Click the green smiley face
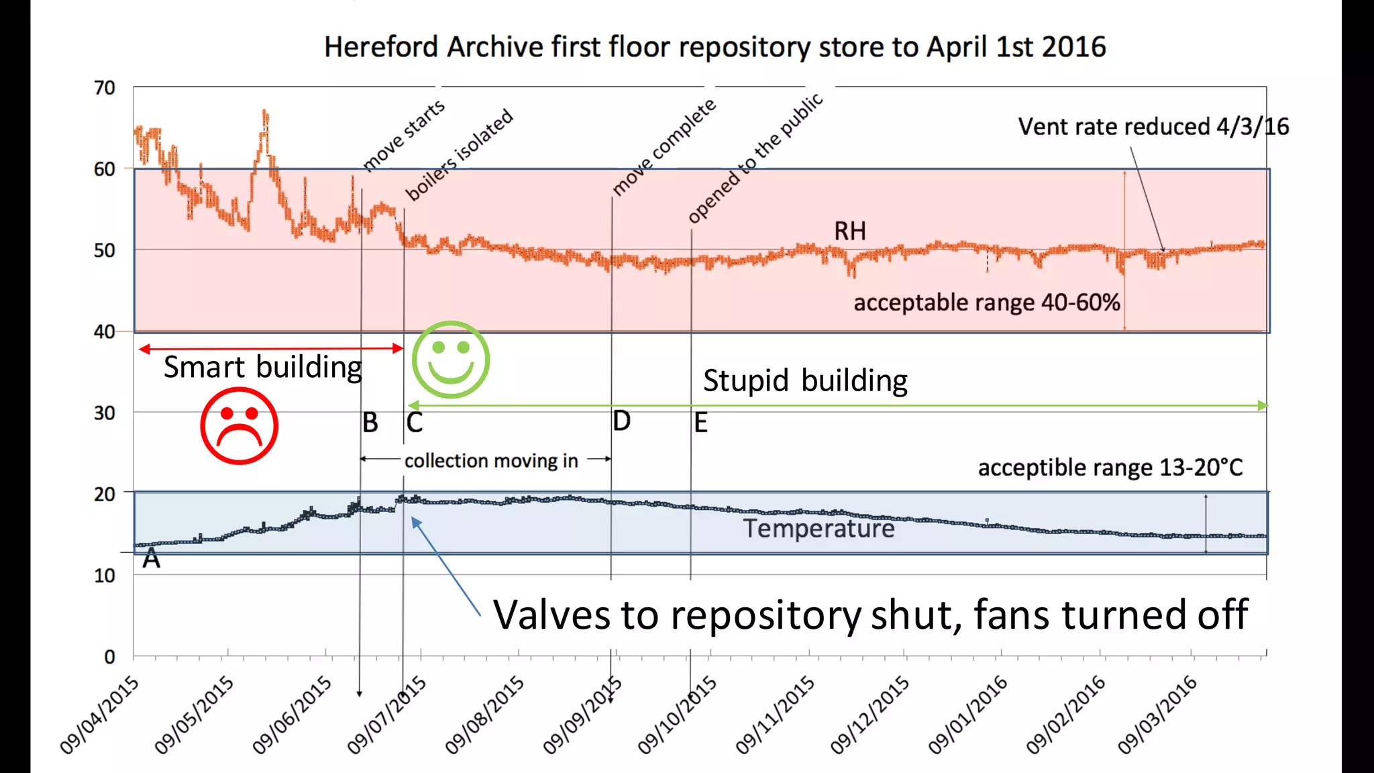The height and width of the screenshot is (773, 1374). [x=450, y=360]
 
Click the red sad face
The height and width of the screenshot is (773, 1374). [x=239, y=425]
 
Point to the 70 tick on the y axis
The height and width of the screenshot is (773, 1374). [x=105, y=88]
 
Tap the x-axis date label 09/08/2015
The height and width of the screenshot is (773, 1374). [x=485, y=714]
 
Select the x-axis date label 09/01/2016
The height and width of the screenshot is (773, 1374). [x=968, y=714]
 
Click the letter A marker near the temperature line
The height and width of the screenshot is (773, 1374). [x=152, y=558]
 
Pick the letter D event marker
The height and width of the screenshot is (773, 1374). [x=622, y=421]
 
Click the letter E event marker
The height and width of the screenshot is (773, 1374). [x=700, y=423]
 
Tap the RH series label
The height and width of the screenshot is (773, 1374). [x=849, y=231]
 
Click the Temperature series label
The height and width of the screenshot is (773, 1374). [x=818, y=529]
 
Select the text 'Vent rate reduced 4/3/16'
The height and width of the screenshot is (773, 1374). [x=1153, y=126]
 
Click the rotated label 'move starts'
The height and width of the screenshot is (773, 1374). [x=404, y=135]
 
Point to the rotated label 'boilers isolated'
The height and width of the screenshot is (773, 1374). [x=460, y=154]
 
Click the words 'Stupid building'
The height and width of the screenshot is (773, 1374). [x=805, y=380]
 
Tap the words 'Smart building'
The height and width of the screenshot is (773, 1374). [x=262, y=367]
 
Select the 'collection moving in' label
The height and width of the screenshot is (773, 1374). [x=491, y=461]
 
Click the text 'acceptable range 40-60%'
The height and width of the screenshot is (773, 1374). [x=986, y=303]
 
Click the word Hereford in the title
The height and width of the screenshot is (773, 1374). [x=382, y=47]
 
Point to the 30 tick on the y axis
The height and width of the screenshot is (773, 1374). [x=105, y=413]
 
